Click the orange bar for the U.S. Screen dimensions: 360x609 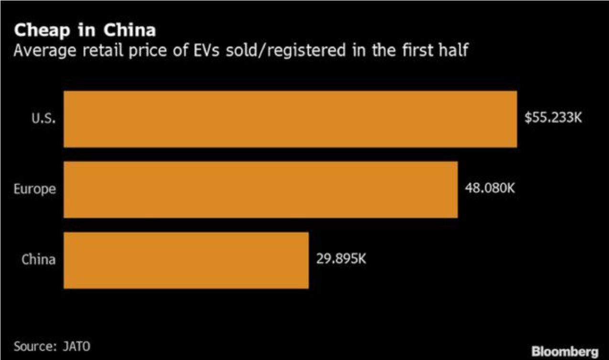[290, 119]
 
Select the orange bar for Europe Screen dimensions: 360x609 [260, 189]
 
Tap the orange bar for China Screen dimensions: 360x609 [186, 260]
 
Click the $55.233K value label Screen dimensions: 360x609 [553, 118]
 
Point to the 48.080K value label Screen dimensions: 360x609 [490, 188]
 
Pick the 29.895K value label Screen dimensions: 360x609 [341, 259]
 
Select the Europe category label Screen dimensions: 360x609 [34, 189]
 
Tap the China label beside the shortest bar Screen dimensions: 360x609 [39, 260]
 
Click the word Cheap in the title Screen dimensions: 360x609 [42, 31]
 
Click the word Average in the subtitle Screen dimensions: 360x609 [43, 50]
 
